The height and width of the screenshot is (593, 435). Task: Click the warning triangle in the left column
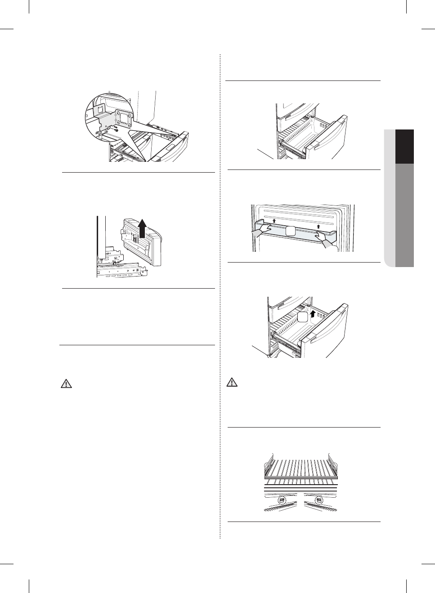66,384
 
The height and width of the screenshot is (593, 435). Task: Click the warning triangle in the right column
232,383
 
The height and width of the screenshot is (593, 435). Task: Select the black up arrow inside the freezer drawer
313,310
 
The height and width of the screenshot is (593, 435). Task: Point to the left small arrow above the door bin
274,221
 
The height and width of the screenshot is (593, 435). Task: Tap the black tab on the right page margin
405,147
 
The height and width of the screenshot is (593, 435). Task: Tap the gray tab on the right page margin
405,215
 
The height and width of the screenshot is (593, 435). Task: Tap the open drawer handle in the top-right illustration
320,143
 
